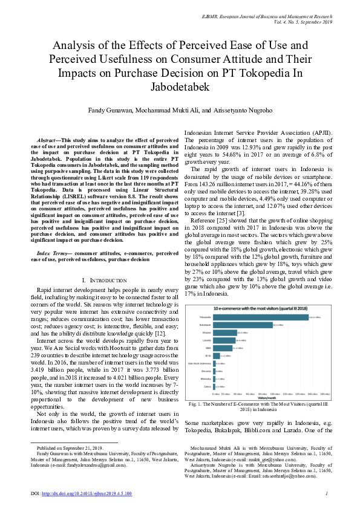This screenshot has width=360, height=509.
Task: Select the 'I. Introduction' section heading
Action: tap(104, 280)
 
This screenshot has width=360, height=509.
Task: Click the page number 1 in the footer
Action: tap(326, 494)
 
